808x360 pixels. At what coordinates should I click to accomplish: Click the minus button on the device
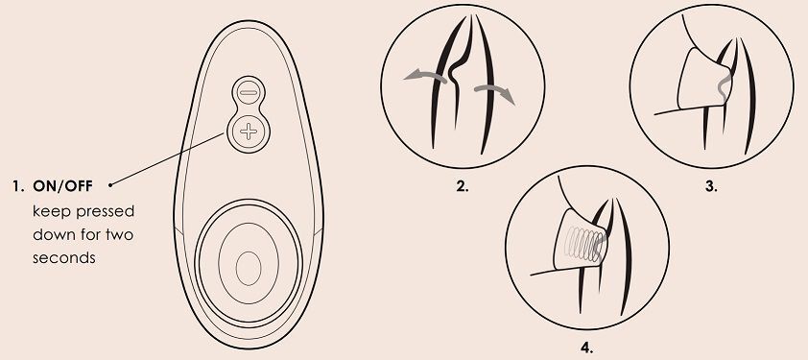[249, 93]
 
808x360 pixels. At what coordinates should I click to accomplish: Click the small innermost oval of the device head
[249, 269]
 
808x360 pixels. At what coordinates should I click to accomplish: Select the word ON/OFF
[63, 186]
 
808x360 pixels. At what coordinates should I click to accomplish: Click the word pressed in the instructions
[106, 212]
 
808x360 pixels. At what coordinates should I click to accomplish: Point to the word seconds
[64, 257]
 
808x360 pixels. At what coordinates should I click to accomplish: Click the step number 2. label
[463, 186]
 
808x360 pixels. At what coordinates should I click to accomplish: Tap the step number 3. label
[711, 186]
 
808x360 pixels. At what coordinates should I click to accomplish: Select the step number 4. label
[587, 348]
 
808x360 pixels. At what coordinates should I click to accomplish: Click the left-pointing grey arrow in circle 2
[424, 77]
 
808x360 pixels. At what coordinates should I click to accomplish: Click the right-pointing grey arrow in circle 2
[495, 93]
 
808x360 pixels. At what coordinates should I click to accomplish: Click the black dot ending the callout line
[110, 183]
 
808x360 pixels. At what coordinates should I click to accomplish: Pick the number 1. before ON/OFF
[18, 186]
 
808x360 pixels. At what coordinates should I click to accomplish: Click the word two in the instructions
[120, 234]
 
